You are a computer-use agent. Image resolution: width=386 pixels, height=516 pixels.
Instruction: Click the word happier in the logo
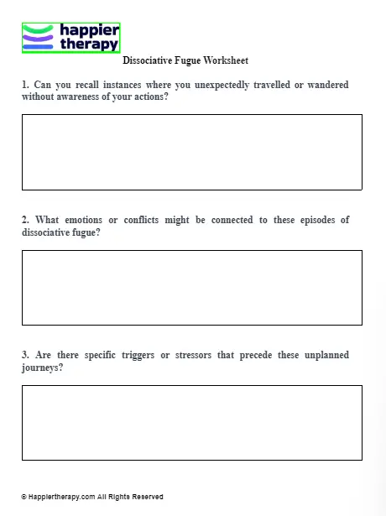[x=89, y=30]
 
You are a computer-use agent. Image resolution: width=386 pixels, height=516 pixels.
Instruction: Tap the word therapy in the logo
[x=89, y=44]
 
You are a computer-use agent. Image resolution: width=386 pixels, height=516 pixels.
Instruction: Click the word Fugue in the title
[x=189, y=61]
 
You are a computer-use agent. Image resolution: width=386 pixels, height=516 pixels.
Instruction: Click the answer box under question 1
[x=191, y=152]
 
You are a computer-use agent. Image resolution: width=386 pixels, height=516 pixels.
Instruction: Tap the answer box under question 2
[x=191, y=287]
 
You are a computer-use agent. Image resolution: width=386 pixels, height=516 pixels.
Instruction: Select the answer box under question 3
[x=191, y=422]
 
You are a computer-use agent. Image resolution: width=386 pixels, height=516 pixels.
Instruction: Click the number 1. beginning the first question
[x=26, y=85]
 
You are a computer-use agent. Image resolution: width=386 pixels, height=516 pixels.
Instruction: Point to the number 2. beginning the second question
[x=26, y=220]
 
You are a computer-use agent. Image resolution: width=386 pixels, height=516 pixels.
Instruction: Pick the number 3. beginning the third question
[x=26, y=355]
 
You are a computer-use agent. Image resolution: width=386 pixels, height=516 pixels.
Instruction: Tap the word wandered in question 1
[x=327, y=85]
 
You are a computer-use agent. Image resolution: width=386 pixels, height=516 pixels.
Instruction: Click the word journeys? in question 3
[x=42, y=367]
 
